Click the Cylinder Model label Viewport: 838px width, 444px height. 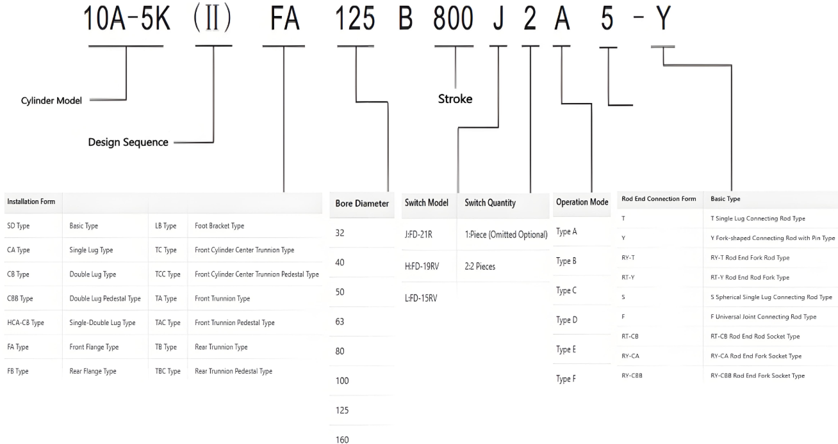(x=52, y=100)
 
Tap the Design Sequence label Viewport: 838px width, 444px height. (x=128, y=142)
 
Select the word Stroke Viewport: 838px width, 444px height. (x=455, y=99)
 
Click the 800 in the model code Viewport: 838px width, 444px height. (x=454, y=20)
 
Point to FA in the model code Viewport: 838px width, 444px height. (x=284, y=20)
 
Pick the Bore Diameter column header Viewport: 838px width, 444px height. (x=362, y=203)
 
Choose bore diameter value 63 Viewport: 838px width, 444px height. (x=340, y=322)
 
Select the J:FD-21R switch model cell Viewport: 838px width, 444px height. (x=418, y=235)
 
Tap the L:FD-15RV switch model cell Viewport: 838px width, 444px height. (x=421, y=298)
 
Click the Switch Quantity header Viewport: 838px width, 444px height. (x=490, y=202)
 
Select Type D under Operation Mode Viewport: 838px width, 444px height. (x=566, y=320)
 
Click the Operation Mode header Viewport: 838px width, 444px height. (x=582, y=202)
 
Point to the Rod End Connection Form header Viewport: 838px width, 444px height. (x=659, y=199)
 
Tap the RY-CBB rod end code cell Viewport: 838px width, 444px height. (x=632, y=376)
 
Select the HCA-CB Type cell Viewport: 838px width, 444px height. (x=26, y=323)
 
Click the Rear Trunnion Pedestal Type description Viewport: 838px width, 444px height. (x=233, y=371)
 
